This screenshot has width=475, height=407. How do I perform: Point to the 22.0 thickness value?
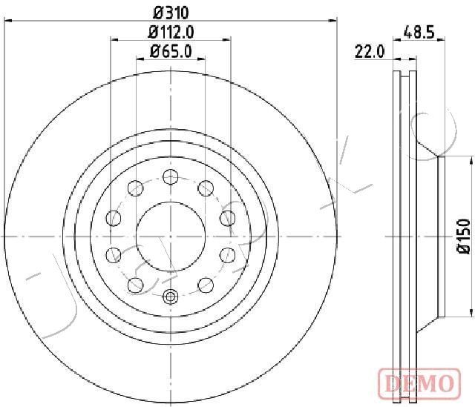[x=368, y=51]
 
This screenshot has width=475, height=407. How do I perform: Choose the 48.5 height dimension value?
[x=419, y=32]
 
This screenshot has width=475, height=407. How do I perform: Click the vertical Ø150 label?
[x=465, y=236]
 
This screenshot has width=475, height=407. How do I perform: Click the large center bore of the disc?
[x=170, y=235]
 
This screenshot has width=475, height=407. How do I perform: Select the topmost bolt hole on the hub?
[x=170, y=176]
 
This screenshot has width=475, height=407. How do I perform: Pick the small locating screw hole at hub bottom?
[x=170, y=297]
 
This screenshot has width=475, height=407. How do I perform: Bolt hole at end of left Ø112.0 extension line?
[x=114, y=217]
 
